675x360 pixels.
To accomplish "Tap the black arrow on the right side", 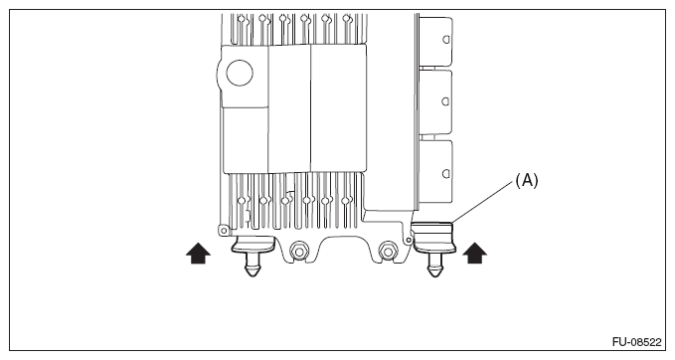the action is coord(475,254).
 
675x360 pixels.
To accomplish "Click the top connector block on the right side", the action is coord(438,41).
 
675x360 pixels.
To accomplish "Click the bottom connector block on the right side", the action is coord(438,172).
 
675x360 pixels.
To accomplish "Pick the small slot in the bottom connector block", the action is coord(447,170).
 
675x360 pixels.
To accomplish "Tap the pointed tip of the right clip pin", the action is coord(434,275).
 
